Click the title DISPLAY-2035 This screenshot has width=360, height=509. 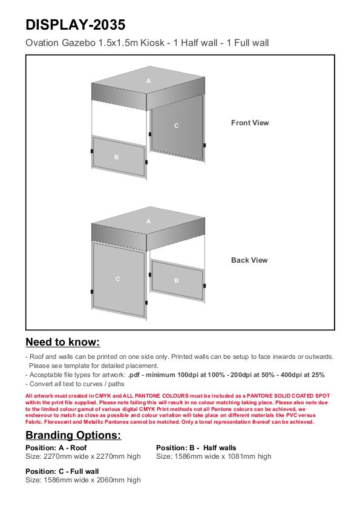(x=75, y=25)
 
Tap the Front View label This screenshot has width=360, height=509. (x=250, y=123)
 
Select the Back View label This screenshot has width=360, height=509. (x=249, y=260)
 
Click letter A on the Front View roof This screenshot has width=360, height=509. (x=148, y=81)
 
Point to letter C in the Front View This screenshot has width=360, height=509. (x=176, y=126)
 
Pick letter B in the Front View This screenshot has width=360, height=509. (x=117, y=157)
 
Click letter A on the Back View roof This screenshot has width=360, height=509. (x=148, y=222)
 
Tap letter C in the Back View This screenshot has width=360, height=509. (x=118, y=279)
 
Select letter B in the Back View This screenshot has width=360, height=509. (x=176, y=280)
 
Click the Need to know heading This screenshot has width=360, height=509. (x=63, y=342)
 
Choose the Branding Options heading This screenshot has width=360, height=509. (x=73, y=435)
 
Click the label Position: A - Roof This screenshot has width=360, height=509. (x=56, y=448)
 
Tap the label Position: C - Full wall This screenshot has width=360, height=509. (x=62, y=471)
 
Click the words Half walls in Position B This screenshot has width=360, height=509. (x=220, y=448)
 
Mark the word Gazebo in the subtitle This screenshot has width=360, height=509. (x=78, y=43)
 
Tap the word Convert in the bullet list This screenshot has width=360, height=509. (x=41, y=384)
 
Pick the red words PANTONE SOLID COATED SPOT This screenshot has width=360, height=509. (x=288, y=396)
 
